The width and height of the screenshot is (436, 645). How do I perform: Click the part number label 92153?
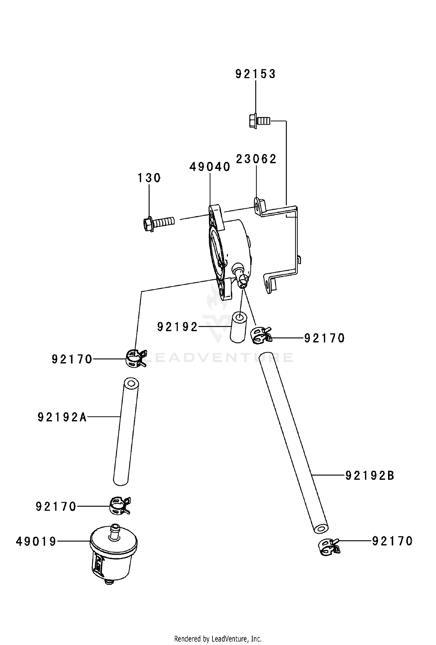click(x=256, y=74)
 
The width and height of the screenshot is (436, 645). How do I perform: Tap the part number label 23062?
click(x=256, y=159)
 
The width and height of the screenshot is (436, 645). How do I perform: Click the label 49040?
click(x=210, y=167)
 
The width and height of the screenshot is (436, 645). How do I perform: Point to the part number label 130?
click(x=149, y=178)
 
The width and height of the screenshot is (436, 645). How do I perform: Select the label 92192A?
click(x=62, y=417)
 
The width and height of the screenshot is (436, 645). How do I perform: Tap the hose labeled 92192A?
click(x=126, y=431)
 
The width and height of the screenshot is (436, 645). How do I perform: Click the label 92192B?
click(x=370, y=476)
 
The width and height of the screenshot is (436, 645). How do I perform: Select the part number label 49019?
click(x=36, y=541)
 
